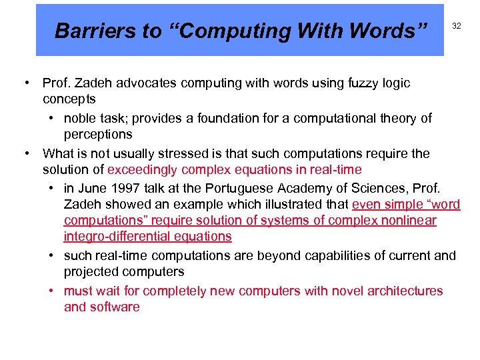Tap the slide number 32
pos(457,26)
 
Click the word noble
pos(81,118)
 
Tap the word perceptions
pos(98,134)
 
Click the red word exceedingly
pos(142,170)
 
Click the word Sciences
pos(395,188)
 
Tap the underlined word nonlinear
pos(411,221)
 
